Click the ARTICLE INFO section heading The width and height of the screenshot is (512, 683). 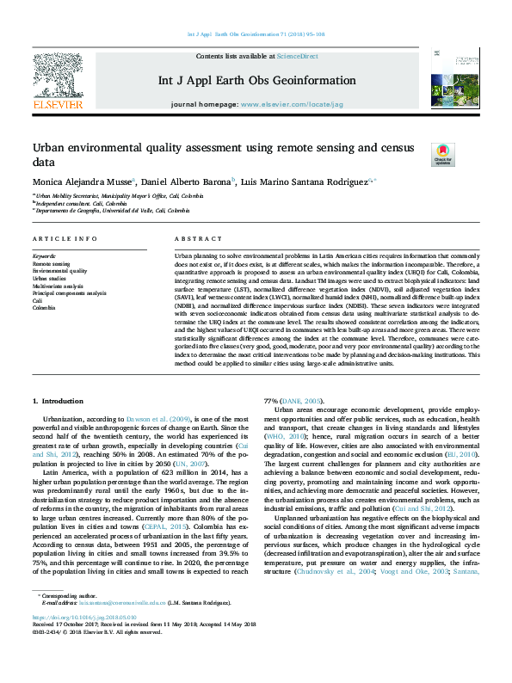(65, 238)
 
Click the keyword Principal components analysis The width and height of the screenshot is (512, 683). (69, 293)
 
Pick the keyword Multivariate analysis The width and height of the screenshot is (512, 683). (58, 286)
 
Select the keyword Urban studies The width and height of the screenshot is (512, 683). (50, 279)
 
